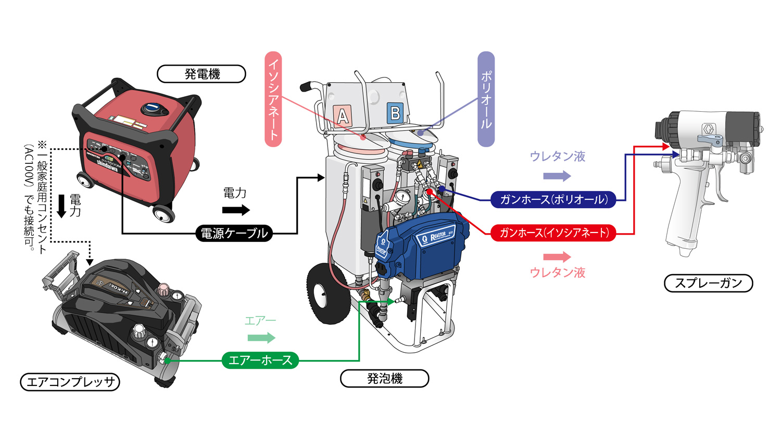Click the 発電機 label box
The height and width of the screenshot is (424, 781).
[201, 74]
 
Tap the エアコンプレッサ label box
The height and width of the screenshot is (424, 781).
[70, 382]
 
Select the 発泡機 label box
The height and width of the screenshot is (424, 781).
[384, 378]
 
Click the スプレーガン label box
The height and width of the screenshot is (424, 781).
[709, 283]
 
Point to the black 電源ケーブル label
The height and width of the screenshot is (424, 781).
[234, 233]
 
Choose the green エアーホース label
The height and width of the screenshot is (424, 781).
[260, 360]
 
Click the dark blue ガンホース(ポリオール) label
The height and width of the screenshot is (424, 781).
[553, 199]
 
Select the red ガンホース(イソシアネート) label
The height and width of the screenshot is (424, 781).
[553, 233]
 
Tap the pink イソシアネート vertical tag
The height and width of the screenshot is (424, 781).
[273, 99]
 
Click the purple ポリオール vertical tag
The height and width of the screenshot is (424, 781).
[486, 99]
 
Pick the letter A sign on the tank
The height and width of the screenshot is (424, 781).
[343, 115]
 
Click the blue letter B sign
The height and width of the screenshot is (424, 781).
[395, 113]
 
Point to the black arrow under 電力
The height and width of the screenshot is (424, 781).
[236, 210]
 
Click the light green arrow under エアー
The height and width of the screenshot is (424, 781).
[261, 338]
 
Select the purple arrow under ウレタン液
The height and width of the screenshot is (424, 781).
[557, 176]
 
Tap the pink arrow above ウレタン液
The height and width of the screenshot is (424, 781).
[557, 256]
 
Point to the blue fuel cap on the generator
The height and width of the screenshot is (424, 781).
[155, 108]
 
